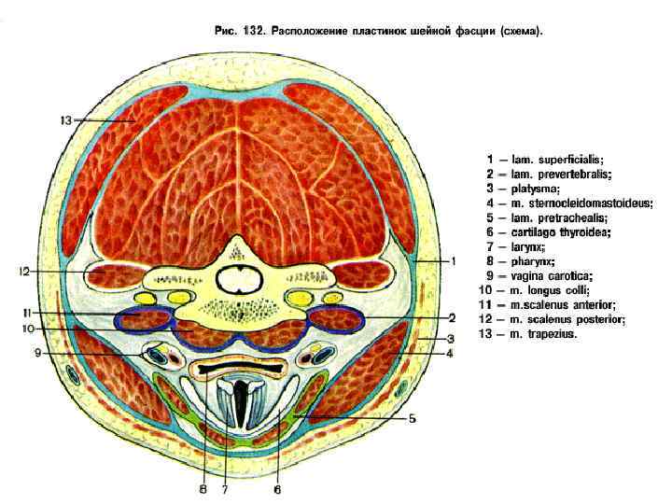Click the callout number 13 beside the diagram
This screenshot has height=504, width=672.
65,120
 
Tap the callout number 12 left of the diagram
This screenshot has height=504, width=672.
26,271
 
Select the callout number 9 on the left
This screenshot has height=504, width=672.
38,353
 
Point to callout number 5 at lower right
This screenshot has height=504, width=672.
412,419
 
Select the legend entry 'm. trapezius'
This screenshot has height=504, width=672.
534,332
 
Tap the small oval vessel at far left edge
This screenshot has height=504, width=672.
73,377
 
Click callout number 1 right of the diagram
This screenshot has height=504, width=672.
453,262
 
